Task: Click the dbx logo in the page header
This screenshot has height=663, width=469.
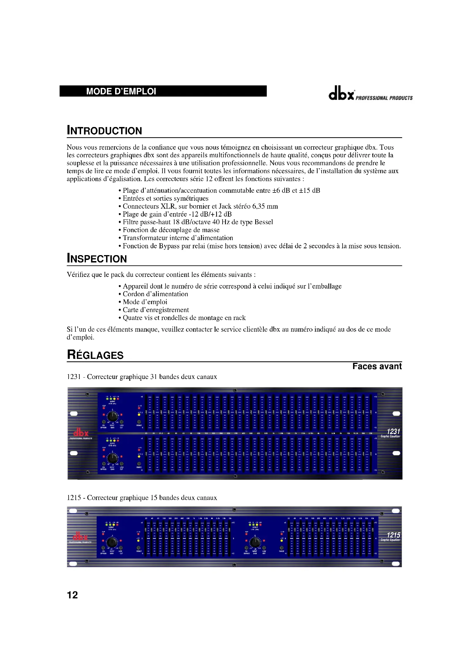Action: click(x=341, y=94)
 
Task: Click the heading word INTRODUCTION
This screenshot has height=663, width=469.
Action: click(x=104, y=131)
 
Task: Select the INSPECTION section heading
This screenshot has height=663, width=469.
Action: click(x=97, y=259)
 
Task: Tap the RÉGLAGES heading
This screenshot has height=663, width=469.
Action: click(x=95, y=355)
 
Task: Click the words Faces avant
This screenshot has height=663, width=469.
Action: click(x=377, y=367)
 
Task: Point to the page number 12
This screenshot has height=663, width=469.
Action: click(x=72, y=595)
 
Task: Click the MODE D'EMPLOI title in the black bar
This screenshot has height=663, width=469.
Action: click(x=121, y=92)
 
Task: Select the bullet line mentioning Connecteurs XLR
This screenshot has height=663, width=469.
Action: click(x=200, y=206)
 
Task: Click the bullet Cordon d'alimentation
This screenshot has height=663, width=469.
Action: click(x=155, y=294)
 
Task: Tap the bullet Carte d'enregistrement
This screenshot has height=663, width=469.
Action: click(x=156, y=310)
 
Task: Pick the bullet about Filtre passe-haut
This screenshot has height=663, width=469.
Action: click(x=198, y=222)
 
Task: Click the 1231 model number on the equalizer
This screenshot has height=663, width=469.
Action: click(x=393, y=431)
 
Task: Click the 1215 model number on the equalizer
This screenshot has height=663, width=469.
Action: click(x=393, y=535)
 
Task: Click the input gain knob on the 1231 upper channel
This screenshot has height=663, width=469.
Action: click(x=112, y=416)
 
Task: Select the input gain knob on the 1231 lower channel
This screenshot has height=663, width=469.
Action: click(x=112, y=458)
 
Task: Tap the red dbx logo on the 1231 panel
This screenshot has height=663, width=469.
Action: click(x=81, y=433)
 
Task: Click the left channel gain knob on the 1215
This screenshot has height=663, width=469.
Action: click(x=112, y=542)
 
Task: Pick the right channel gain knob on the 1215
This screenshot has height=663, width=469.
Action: click(x=255, y=542)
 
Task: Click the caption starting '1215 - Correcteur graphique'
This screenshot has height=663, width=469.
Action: click(x=141, y=497)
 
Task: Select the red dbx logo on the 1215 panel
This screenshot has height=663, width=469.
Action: click(x=80, y=537)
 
